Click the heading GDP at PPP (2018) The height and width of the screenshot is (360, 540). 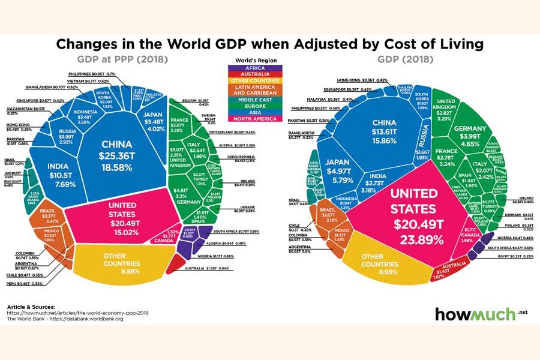[x=122, y=59]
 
